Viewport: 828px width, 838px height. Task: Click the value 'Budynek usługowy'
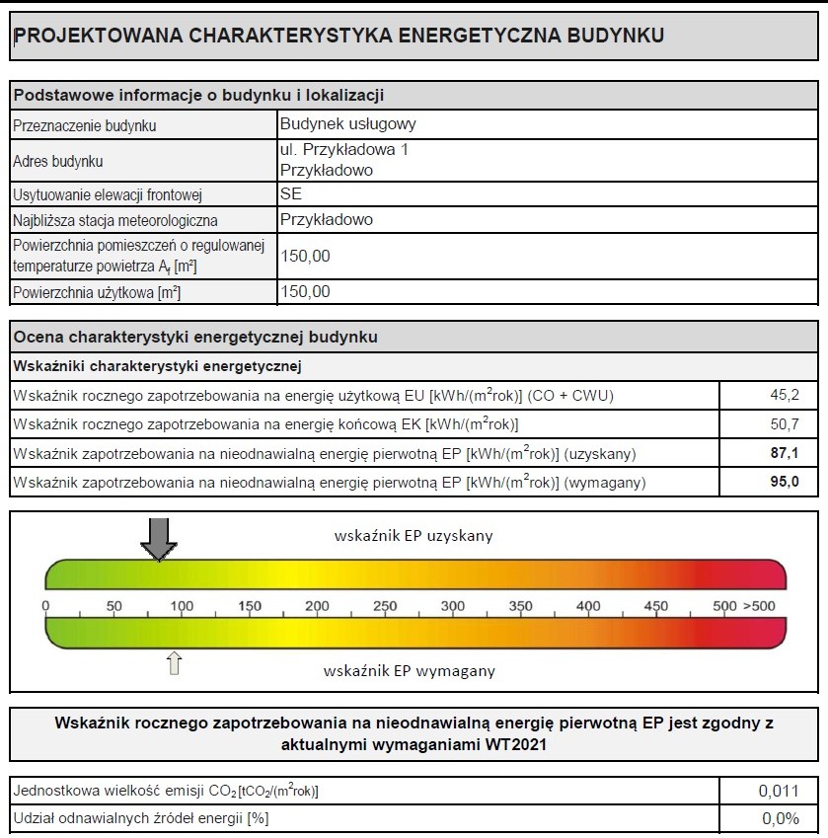tap(348, 124)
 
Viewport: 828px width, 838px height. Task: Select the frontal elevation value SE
tap(291, 194)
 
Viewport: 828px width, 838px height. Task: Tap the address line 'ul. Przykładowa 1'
tap(343, 150)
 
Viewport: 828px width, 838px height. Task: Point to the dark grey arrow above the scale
tap(158, 539)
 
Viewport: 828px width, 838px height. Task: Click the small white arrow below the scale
tap(175, 662)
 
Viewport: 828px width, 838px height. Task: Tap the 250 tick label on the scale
tap(385, 606)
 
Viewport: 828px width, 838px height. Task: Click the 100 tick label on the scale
tap(182, 606)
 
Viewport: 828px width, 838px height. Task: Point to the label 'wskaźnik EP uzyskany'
tap(414, 536)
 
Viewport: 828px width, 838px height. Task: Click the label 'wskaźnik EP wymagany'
tap(409, 671)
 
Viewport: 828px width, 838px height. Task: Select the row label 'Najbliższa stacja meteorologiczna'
tap(115, 220)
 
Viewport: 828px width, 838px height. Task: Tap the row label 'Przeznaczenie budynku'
tap(85, 125)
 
